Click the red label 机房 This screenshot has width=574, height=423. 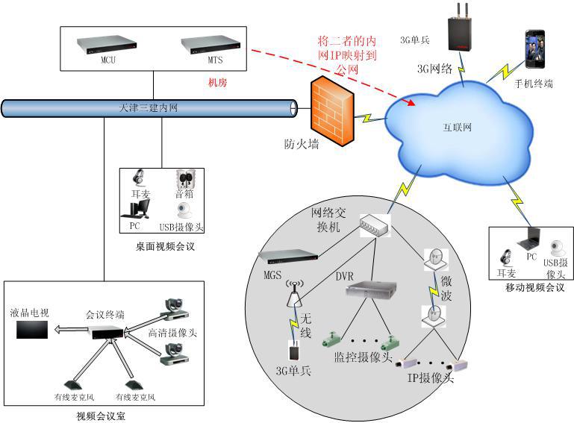tap(216, 83)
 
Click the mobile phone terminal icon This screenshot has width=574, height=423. tap(534, 48)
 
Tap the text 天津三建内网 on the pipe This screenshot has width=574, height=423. tap(149, 109)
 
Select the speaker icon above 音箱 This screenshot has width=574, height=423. tap(185, 180)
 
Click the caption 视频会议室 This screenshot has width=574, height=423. tap(102, 415)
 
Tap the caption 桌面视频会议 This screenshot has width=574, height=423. tap(164, 245)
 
